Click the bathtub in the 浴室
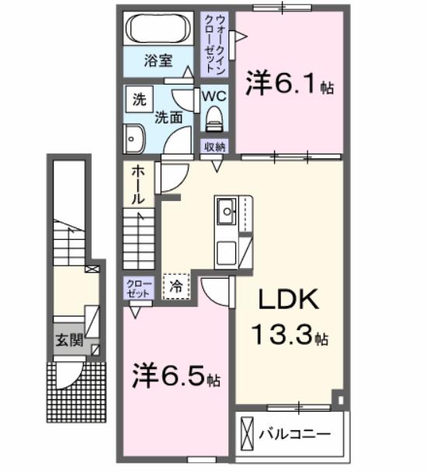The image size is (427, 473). point(159,30)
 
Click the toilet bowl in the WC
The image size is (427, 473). point(213,120)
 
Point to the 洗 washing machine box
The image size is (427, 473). point(140,99)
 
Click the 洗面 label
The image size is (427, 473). point(168,117)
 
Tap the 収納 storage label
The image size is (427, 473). point(215,147)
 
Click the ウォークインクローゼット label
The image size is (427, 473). point(214,43)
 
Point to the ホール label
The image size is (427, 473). point(137,186)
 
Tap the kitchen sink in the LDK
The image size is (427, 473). point(227,210)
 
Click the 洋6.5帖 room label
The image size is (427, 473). point(175,377)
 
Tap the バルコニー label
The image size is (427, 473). point(294,433)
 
